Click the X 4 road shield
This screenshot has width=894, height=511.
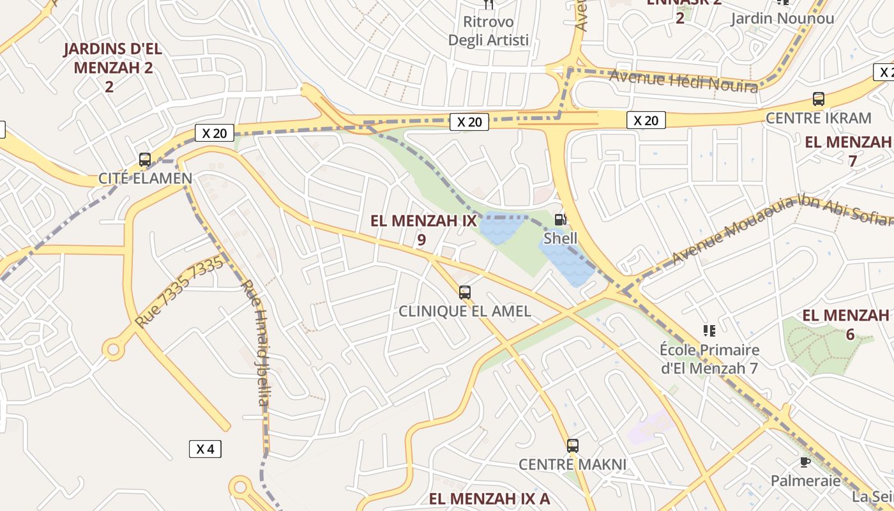point(205,449)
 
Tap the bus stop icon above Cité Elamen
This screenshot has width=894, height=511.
point(145,160)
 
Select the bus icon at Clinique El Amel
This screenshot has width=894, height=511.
point(465,293)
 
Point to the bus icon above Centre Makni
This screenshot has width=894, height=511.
point(573,446)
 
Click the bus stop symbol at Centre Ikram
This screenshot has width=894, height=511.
point(819,99)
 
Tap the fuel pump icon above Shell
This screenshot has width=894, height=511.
point(560,220)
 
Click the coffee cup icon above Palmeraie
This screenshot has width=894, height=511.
point(805,462)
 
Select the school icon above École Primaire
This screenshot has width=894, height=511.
point(709,330)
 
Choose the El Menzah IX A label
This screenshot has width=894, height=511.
point(489,499)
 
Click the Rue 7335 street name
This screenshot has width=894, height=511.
point(180,292)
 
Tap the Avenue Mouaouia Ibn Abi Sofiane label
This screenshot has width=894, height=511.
point(779,229)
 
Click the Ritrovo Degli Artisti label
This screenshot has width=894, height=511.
point(489,31)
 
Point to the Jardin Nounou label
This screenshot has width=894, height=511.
point(782,19)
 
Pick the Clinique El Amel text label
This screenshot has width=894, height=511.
point(465,311)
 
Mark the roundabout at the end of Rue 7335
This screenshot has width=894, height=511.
point(114,349)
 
